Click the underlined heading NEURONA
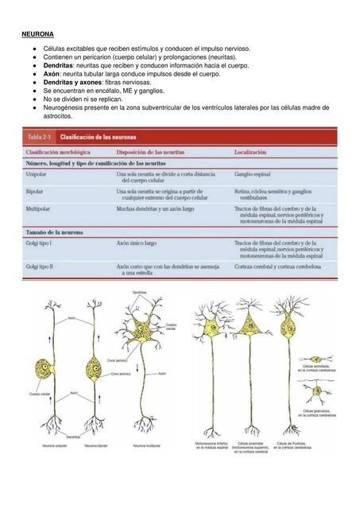pos(37,35)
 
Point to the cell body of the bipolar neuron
pos(91,369)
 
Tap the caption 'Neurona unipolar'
pos(55,446)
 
